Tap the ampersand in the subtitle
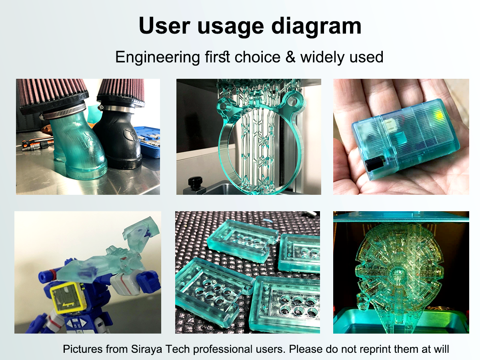(x=290, y=57)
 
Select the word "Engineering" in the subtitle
(x=158, y=58)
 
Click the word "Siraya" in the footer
(x=146, y=349)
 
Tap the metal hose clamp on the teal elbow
(x=64, y=112)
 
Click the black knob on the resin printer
(x=195, y=182)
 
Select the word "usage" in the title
(x=231, y=27)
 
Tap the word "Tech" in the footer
(x=177, y=349)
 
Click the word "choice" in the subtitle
(x=257, y=57)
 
